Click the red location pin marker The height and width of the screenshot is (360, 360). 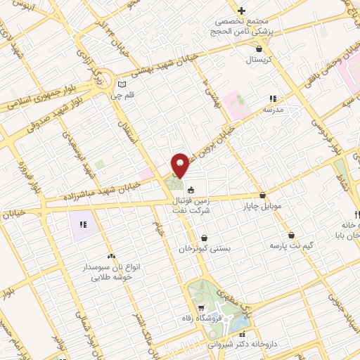(x=181, y=165)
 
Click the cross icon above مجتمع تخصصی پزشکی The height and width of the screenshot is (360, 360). (x=241, y=11)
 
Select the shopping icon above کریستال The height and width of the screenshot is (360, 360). (x=260, y=49)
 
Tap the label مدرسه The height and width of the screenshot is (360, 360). (x=273, y=110)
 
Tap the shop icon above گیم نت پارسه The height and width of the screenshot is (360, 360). (x=292, y=235)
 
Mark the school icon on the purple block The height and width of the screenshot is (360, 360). (x=83, y=225)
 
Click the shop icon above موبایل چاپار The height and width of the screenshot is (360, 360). (x=262, y=195)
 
